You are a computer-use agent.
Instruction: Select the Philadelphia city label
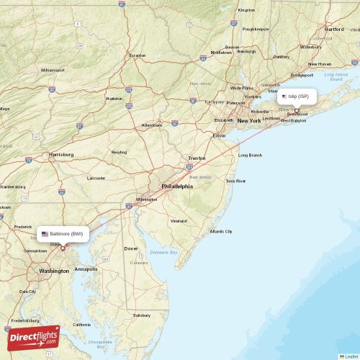click(x=177, y=186)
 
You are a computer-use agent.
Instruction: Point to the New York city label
click(x=249, y=121)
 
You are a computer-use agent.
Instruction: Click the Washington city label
click(x=54, y=271)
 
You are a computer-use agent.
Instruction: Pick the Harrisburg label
click(x=61, y=154)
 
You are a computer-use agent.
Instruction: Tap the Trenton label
click(x=197, y=158)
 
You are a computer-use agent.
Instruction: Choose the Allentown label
click(x=152, y=125)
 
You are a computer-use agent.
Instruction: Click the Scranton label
click(x=137, y=55)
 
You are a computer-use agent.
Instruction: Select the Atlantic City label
click(x=220, y=231)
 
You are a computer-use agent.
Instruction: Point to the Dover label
click(x=131, y=248)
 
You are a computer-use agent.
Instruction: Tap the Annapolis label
click(x=86, y=269)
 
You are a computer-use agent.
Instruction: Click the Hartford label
click(x=334, y=29)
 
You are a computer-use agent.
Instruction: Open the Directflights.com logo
click(x=34, y=338)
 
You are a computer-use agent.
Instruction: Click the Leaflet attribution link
click(x=351, y=356)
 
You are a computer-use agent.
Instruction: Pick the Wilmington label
click(x=147, y=199)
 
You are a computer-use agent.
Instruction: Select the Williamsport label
click(x=52, y=70)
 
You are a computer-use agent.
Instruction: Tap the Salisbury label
click(x=142, y=315)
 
